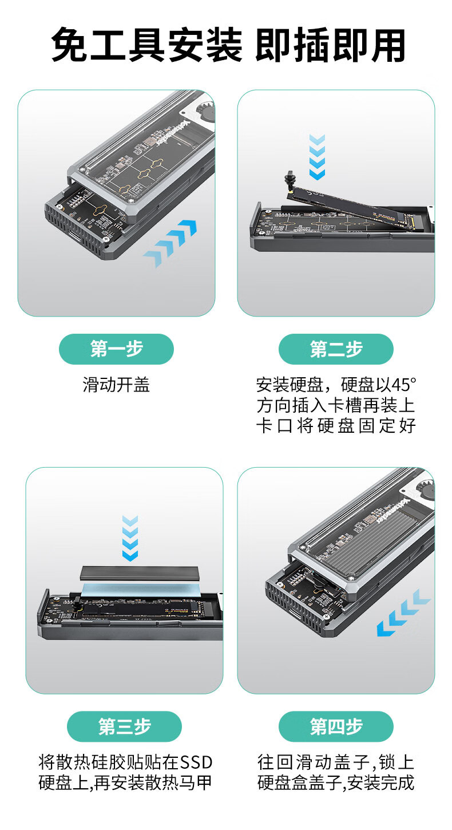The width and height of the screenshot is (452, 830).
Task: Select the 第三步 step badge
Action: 125,726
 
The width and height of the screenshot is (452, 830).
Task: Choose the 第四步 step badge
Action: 336,726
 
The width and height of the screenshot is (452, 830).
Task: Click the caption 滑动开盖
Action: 116,385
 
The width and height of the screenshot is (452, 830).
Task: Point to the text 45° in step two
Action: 404,385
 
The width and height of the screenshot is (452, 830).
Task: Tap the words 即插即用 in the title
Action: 330,45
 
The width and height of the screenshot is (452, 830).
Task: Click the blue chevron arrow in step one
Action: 171,243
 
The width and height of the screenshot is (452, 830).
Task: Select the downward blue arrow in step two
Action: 317,157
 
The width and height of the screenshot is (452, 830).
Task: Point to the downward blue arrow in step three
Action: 130,538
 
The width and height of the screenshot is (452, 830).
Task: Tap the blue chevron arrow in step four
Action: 403,613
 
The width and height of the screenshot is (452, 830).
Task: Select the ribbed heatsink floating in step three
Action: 140,573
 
